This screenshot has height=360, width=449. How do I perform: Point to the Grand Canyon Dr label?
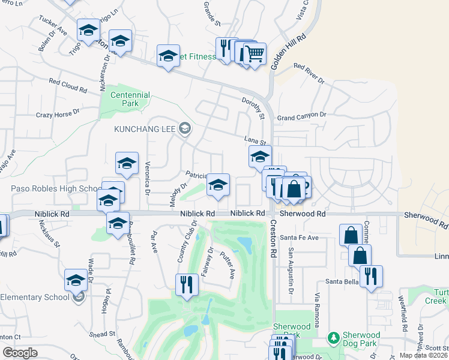click(x=301, y=115)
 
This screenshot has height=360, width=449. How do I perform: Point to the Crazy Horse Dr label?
click(x=58, y=113)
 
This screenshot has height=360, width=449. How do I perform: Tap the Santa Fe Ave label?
click(x=303, y=238)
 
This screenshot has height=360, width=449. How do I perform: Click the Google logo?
click(x=20, y=353)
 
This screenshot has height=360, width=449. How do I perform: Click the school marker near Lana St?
click(x=260, y=158)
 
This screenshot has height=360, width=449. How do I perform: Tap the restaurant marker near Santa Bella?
click(x=371, y=276)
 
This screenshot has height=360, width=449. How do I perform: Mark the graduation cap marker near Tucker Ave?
click(x=88, y=30)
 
